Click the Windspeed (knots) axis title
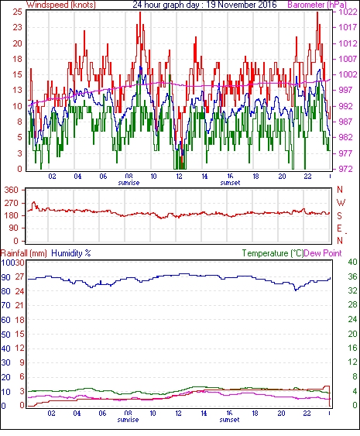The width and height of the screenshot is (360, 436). (x=61, y=5)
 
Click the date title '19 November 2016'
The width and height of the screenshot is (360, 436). (x=242, y=5)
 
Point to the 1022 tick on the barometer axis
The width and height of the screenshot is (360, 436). (x=348, y=12)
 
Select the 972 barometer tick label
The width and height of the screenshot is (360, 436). (x=345, y=169)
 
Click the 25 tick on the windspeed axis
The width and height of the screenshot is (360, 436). (x=18, y=12)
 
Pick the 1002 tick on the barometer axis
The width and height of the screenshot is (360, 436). (x=348, y=74)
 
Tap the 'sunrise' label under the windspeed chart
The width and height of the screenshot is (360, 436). (x=129, y=183)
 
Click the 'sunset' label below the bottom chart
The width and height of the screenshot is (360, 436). (x=229, y=419)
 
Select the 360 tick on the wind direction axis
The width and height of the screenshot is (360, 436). (x=12, y=191)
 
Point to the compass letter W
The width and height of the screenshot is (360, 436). (x=341, y=203)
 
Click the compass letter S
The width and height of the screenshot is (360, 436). (x=339, y=216)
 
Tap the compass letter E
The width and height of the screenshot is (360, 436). (x=339, y=228)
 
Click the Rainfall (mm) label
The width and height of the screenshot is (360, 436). (x=24, y=253)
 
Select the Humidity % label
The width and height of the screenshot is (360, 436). (x=71, y=253)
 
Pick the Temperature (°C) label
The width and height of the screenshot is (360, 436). (x=273, y=253)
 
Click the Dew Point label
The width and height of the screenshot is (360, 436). (x=323, y=253)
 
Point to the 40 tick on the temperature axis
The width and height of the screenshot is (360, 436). (x=352, y=262)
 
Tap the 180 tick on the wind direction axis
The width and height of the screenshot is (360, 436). (x=12, y=215)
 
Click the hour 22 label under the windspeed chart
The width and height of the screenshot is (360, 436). (x=307, y=177)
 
